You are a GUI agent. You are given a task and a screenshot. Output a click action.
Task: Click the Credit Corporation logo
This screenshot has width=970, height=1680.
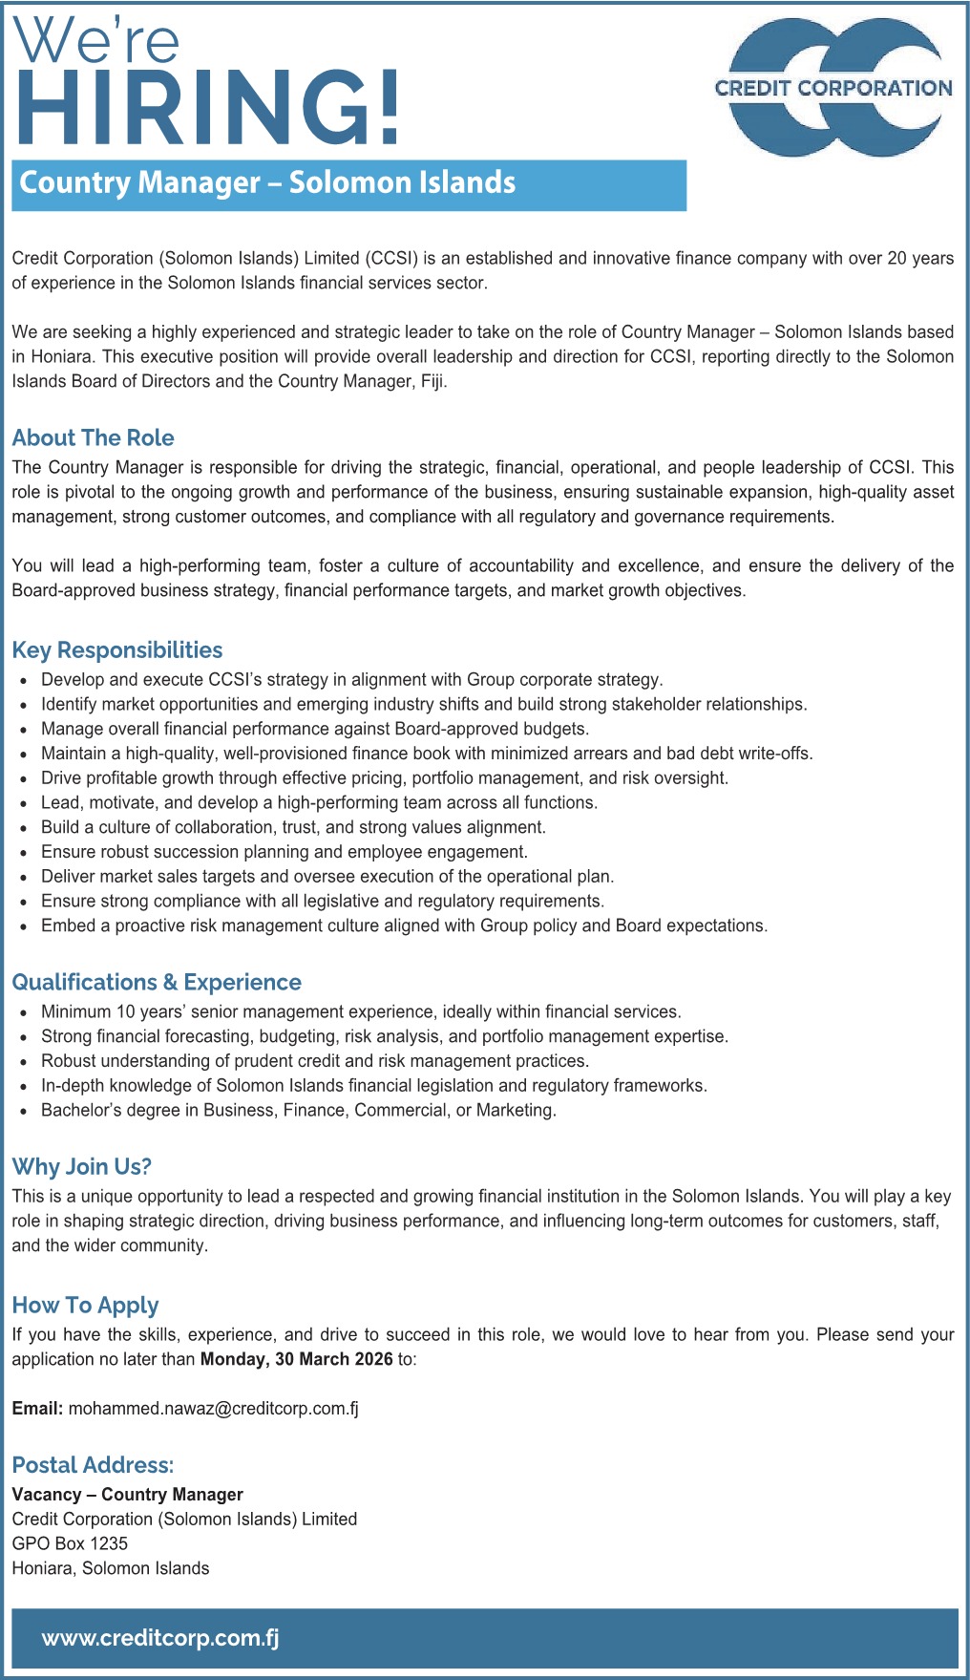tap(833, 88)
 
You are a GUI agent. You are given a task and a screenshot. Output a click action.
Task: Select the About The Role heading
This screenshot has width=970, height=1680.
tap(93, 438)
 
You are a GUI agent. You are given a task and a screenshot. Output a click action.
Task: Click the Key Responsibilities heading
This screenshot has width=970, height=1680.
tap(116, 650)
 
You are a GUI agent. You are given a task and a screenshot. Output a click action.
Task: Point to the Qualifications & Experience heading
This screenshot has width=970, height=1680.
tap(156, 983)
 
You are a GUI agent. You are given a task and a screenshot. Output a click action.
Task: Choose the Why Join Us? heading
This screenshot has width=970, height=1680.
tap(81, 1167)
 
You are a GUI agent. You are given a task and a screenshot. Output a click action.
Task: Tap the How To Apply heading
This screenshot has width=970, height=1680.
tap(85, 1306)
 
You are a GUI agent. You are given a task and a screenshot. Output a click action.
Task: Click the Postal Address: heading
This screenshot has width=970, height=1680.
tap(93, 1465)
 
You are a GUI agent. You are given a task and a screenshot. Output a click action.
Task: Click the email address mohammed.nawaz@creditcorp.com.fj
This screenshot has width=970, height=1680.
tap(213, 1408)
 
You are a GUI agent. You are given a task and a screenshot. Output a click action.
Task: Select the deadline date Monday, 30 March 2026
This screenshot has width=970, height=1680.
tap(296, 1359)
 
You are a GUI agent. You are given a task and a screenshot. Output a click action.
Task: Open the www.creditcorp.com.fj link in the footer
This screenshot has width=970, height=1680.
tap(160, 1638)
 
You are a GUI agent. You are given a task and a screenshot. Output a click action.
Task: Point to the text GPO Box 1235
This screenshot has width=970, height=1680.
tap(70, 1543)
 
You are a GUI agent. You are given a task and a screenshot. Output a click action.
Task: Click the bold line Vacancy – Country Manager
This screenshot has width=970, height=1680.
tap(127, 1495)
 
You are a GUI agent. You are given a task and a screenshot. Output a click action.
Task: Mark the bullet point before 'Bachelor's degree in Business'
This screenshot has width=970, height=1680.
tap(24, 1111)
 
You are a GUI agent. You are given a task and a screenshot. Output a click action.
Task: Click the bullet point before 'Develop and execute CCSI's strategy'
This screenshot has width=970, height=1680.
tap(24, 680)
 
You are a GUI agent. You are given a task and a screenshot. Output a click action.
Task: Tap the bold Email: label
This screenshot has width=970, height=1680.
tap(37, 1408)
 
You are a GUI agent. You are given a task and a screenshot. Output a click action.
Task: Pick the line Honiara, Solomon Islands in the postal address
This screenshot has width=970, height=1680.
tap(110, 1568)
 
